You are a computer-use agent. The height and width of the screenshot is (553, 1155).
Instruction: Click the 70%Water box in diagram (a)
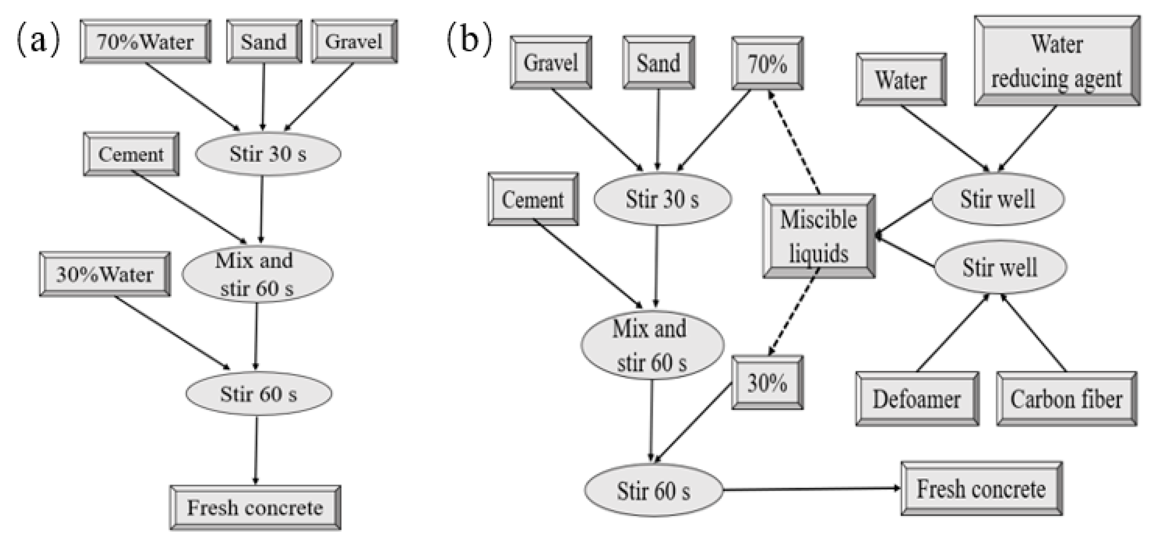(145, 42)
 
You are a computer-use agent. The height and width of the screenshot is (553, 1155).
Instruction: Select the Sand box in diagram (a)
(264, 42)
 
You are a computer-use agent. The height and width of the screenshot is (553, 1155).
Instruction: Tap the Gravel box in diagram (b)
(551, 62)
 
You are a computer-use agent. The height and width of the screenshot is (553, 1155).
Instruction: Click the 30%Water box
(105, 274)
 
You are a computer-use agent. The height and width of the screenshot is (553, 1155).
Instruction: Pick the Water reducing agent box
(1057, 61)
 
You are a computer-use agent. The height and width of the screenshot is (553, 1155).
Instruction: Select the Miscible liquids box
(819, 236)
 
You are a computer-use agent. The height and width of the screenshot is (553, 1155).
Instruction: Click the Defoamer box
(917, 398)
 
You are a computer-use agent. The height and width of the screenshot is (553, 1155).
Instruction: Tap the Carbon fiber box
(1066, 398)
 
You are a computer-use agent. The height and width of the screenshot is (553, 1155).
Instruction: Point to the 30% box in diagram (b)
(767, 382)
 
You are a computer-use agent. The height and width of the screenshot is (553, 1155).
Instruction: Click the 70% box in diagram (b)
(767, 63)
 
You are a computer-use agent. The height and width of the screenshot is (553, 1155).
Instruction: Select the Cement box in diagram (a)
(131, 154)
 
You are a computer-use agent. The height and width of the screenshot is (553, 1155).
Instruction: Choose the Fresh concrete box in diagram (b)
(981, 488)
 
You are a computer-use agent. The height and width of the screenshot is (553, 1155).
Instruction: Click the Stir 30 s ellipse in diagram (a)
(268, 154)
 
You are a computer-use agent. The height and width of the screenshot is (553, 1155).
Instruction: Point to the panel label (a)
(38, 40)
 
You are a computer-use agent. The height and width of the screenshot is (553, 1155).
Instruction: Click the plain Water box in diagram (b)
(901, 80)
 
